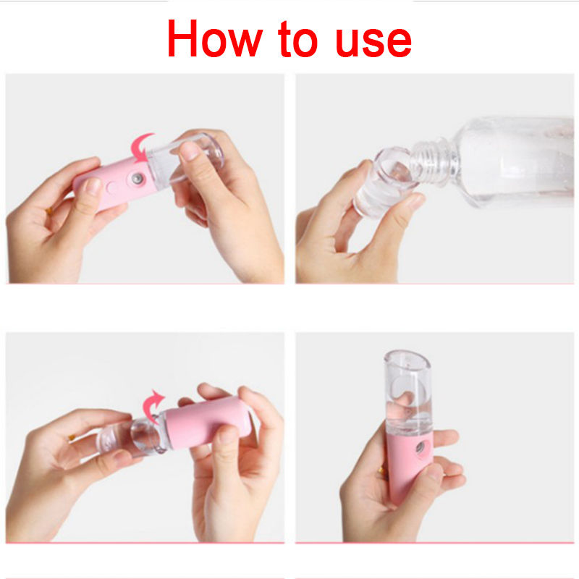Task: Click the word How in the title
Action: click(215, 39)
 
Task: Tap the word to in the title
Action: click(297, 39)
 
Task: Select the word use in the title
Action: click(373, 43)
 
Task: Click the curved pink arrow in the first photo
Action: click(141, 148)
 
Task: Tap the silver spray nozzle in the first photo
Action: click(138, 179)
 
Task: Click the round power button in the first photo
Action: click(112, 187)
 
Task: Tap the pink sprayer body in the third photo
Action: click(208, 423)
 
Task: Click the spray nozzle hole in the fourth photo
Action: click(420, 448)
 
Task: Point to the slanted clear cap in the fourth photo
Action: click(408, 392)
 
